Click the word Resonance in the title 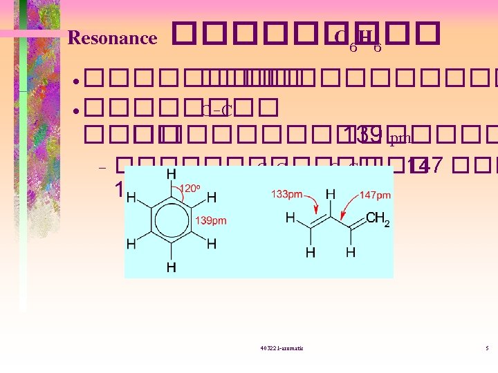[112, 38]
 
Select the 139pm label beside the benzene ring [212, 220]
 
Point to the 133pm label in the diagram [286, 195]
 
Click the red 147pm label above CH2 [375, 195]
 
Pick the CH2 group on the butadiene [377, 219]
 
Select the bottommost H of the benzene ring [171, 267]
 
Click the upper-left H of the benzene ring [131, 197]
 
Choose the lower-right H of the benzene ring [212, 244]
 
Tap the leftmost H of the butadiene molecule [290, 219]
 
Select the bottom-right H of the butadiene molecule [351, 253]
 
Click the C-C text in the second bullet [216, 110]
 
